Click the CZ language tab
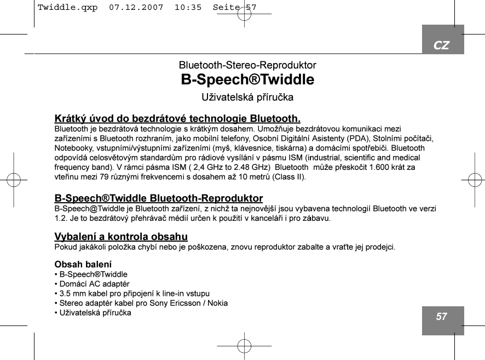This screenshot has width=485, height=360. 442,45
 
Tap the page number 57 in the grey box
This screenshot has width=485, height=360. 442,317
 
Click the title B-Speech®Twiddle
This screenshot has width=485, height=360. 247,80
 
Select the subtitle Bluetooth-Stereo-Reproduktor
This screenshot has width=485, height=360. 247,65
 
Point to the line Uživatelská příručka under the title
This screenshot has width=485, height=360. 247,98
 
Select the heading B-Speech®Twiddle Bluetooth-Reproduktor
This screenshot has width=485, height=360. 159,198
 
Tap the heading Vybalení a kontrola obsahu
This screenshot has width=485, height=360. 121,237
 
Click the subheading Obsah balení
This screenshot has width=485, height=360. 83,264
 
